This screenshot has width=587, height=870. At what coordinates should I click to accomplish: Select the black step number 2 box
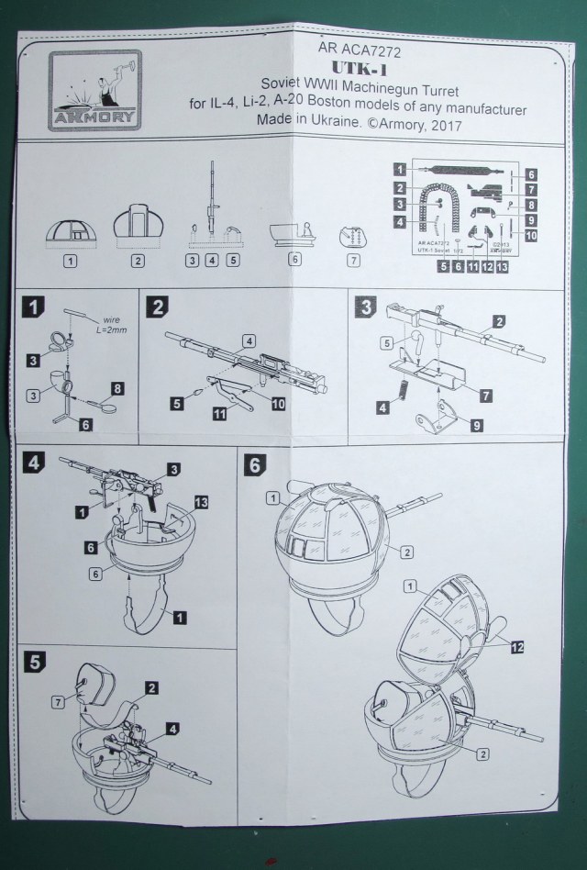pyautogui.click(x=158, y=306)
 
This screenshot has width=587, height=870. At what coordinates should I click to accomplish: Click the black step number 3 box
pyautogui.click(x=364, y=307)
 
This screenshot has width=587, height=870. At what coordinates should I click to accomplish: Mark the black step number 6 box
pyautogui.click(x=252, y=463)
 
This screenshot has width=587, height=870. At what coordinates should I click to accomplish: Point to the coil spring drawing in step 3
pyautogui.click(x=403, y=393)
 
